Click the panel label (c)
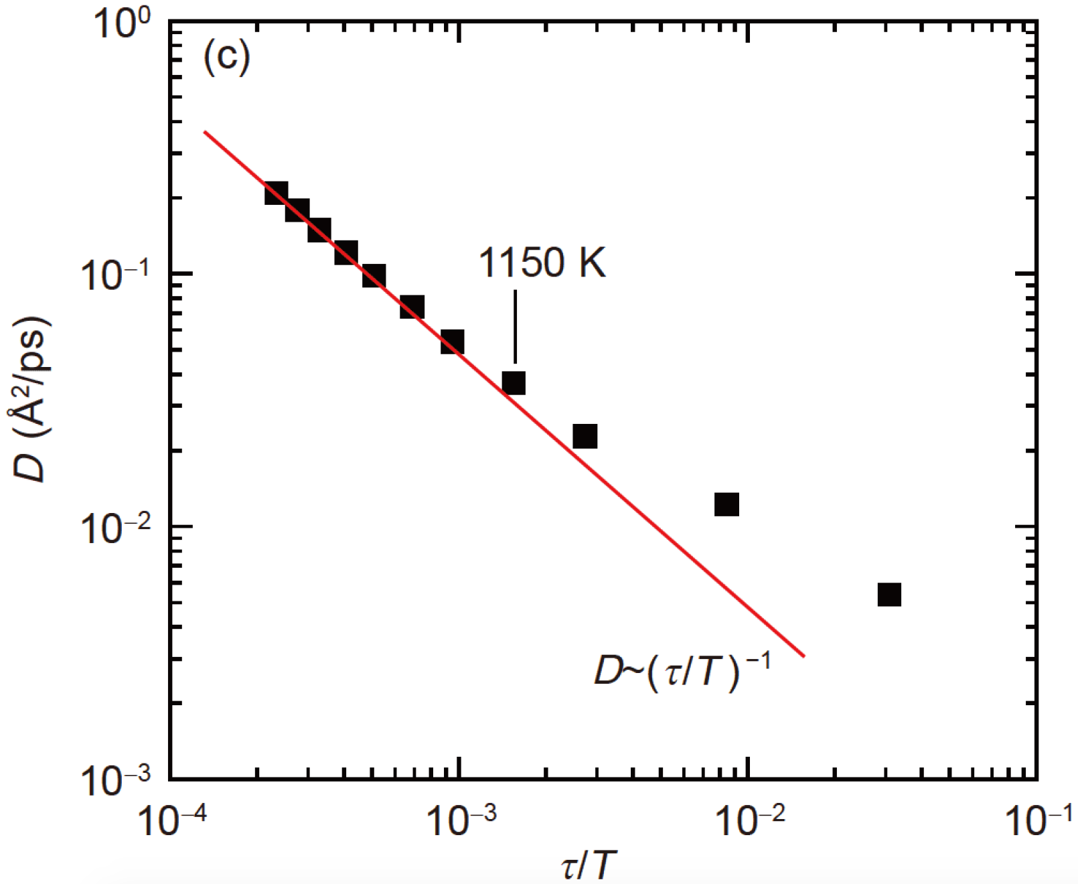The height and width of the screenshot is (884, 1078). pyautogui.click(x=226, y=58)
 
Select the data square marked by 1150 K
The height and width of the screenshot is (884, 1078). pyautogui.click(x=514, y=383)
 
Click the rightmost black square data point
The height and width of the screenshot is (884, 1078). pyautogui.click(x=889, y=594)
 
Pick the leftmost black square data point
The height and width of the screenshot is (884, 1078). pyautogui.click(x=276, y=193)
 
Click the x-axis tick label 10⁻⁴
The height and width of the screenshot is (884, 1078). pyautogui.click(x=171, y=820)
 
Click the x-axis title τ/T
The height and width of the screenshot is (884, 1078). pyautogui.click(x=587, y=866)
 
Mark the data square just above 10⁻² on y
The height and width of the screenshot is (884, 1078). pyautogui.click(x=726, y=504)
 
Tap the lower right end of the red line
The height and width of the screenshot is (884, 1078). pyautogui.click(x=803, y=656)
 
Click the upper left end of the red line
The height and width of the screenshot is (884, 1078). pyautogui.click(x=206, y=132)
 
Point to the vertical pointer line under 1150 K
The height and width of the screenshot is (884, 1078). pyautogui.click(x=515, y=326)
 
